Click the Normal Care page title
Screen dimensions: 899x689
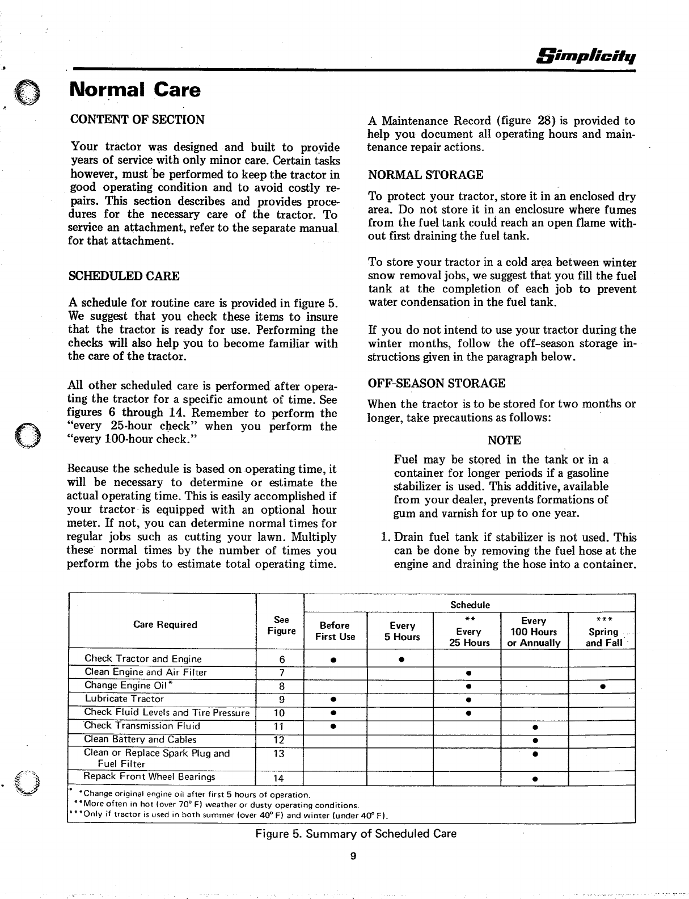pyautogui.click(x=134, y=90)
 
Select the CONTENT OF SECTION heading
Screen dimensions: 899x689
pyautogui.click(x=137, y=120)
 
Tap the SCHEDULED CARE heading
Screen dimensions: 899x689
pyautogui.click(x=124, y=276)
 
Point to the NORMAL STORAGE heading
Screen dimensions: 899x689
pyautogui.click(x=426, y=175)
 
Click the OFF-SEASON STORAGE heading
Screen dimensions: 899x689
pyautogui.click(x=436, y=383)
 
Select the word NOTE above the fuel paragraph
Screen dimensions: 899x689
pyautogui.click(x=504, y=440)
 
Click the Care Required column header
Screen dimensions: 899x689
pyautogui.click(x=165, y=625)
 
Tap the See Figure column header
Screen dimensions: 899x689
pyautogui.click(x=281, y=625)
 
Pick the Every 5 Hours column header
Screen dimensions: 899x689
pyautogui.click(x=402, y=631)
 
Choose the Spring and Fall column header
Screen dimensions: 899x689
pyautogui.click(x=603, y=632)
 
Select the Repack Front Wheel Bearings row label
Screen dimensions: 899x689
pyautogui.click(x=150, y=776)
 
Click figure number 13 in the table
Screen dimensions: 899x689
pyautogui.click(x=279, y=754)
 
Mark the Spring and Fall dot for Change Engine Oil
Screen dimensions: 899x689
pyautogui.click(x=603, y=686)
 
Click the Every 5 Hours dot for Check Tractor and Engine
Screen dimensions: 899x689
pyautogui.click(x=400, y=659)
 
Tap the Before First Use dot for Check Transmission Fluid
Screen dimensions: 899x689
pyautogui.click(x=335, y=726)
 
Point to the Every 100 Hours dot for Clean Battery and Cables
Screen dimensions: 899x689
pyautogui.click(x=535, y=740)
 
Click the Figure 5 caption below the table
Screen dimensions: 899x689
pyautogui.click(x=356, y=834)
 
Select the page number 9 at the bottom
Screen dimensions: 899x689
pyautogui.click(x=352, y=857)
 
